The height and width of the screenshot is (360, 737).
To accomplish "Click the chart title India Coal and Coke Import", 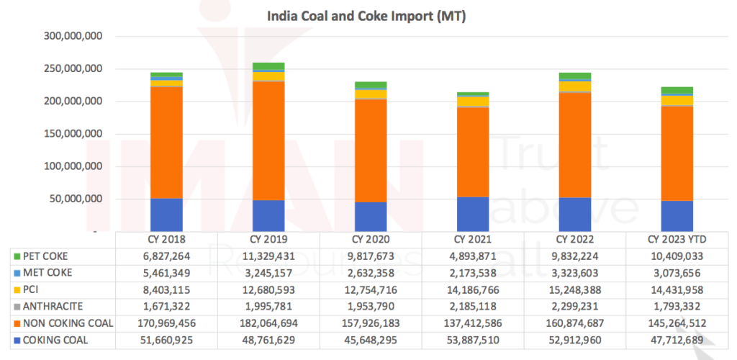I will (367, 15).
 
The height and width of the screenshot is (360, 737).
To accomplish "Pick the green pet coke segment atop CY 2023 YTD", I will (677, 90).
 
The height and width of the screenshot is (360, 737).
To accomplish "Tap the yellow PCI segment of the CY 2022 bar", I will (574, 86).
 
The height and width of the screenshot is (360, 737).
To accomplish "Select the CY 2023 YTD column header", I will (677, 239).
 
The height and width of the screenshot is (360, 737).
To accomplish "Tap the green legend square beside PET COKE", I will (17, 256).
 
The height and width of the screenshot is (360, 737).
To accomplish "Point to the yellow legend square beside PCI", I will (17, 289).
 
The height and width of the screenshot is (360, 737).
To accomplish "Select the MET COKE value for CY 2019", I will (268, 273).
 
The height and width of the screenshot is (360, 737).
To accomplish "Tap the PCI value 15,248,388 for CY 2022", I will (574, 289).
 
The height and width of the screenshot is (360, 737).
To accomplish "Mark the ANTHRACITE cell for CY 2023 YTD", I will (677, 306).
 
